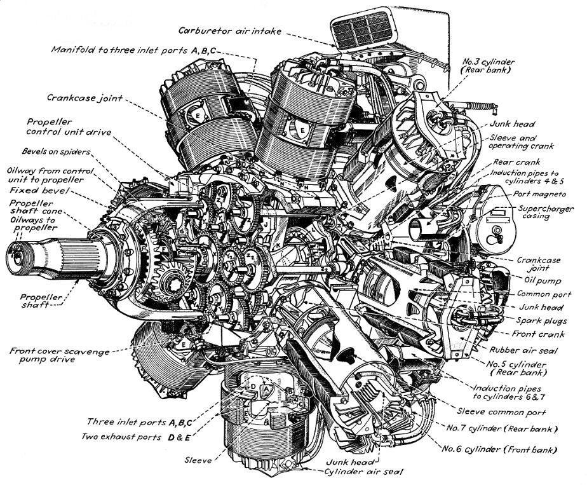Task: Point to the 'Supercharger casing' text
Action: tap(546, 212)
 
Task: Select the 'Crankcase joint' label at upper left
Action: tap(84, 98)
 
